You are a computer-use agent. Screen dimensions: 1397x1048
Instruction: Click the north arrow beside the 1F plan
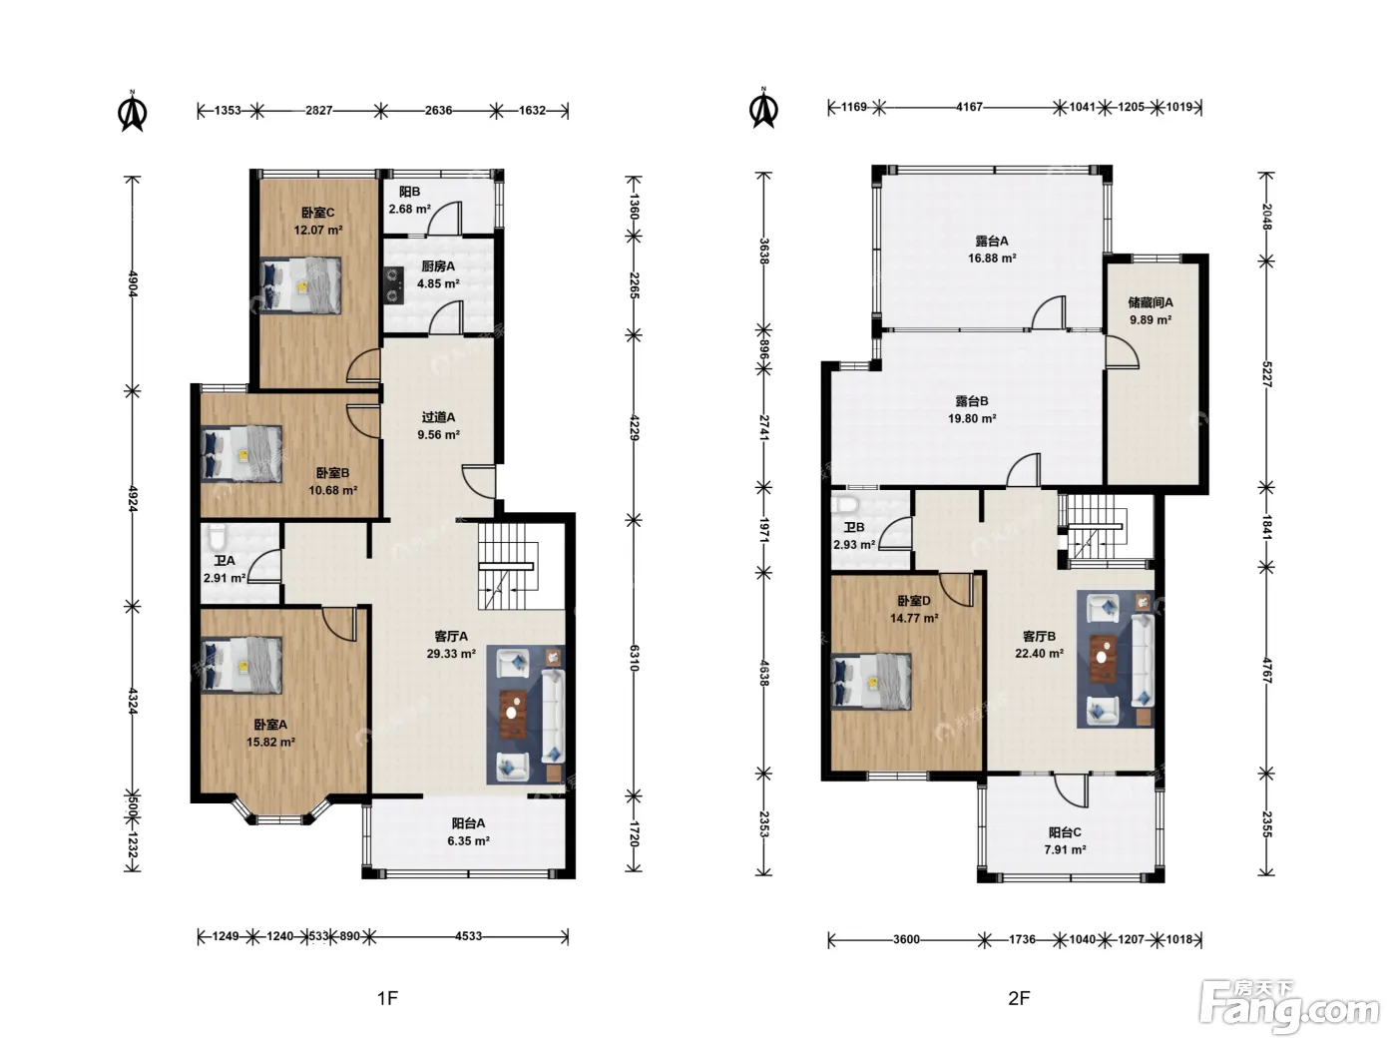click(133, 112)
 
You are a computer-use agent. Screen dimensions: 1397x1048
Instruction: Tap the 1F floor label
click(387, 998)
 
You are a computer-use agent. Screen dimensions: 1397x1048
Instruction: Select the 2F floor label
click(1019, 998)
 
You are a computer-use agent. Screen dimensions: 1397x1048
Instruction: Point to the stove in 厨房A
click(394, 284)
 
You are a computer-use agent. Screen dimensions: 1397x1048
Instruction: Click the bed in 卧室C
click(300, 285)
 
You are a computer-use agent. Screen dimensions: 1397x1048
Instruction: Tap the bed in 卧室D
click(871, 682)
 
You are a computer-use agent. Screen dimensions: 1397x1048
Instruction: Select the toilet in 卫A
click(217, 538)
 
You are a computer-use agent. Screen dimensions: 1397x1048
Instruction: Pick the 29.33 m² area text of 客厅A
click(451, 654)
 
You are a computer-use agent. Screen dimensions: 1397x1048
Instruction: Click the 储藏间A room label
click(1151, 302)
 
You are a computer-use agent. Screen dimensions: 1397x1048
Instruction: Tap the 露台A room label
click(992, 242)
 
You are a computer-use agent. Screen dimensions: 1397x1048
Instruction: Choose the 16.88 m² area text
click(992, 259)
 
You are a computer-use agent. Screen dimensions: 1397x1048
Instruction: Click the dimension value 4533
click(468, 936)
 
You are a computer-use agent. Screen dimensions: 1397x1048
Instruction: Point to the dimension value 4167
click(969, 107)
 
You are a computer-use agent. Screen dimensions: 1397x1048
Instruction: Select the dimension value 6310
click(634, 658)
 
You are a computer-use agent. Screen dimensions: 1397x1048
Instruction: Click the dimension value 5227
click(1266, 375)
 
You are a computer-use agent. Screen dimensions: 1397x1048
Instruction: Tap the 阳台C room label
click(1065, 832)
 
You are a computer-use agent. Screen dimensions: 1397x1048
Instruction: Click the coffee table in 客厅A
click(513, 714)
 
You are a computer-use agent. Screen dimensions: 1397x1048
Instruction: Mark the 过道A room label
click(438, 417)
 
